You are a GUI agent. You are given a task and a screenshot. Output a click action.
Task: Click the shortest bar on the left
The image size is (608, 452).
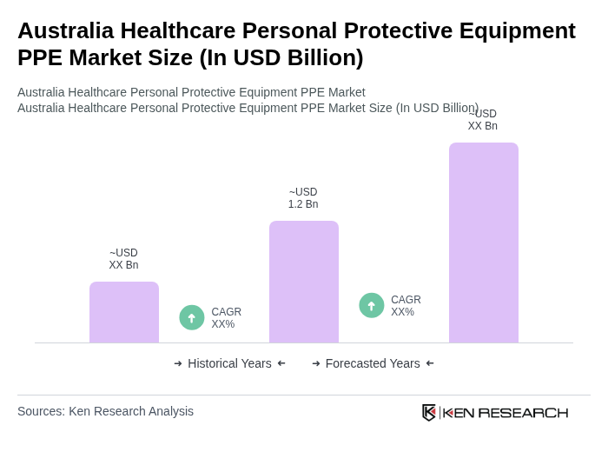click(x=124, y=312)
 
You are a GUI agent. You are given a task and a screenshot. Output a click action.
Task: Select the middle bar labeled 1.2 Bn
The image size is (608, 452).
click(x=304, y=282)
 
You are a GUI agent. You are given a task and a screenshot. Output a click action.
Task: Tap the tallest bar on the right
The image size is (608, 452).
click(x=484, y=243)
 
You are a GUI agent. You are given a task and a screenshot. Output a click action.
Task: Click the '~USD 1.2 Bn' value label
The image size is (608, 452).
click(x=303, y=198)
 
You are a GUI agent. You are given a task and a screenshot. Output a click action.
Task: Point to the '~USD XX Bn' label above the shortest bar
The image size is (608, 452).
click(x=123, y=259)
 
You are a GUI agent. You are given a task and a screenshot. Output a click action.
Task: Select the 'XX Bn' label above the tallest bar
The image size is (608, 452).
click(x=483, y=126)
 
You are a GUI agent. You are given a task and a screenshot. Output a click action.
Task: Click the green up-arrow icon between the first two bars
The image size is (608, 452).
click(x=192, y=317)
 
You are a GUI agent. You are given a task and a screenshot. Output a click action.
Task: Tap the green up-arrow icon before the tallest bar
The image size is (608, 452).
click(x=372, y=305)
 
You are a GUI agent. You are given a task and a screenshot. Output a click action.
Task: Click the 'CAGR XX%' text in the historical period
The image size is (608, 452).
click(x=226, y=318)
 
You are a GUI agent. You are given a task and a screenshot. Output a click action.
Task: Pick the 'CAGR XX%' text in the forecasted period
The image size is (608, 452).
click(x=406, y=306)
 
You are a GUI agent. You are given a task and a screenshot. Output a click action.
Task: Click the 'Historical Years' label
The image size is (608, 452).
click(x=229, y=363)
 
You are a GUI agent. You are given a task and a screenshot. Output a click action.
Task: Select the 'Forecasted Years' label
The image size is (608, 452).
click(x=373, y=363)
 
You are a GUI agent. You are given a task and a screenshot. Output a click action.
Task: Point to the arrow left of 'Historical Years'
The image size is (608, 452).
click(x=178, y=363)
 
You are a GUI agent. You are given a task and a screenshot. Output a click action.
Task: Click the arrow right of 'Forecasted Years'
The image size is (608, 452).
click(x=430, y=363)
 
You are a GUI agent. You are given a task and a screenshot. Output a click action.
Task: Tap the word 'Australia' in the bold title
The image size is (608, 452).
click(x=65, y=30)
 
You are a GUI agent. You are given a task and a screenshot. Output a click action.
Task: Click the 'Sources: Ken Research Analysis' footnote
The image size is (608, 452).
click(x=105, y=411)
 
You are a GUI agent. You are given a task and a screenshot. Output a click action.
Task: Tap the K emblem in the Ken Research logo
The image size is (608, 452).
click(x=429, y=412)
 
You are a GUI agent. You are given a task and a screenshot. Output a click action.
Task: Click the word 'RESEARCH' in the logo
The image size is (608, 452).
click(x=523, y=412)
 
